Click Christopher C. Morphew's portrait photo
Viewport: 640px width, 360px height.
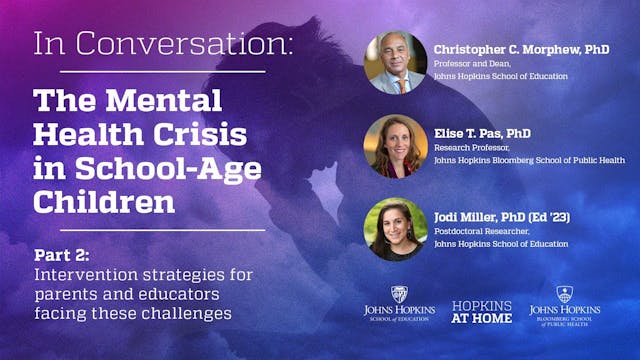395,62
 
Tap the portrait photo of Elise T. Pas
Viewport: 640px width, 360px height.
395,146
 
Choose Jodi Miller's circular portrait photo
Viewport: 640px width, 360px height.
395,229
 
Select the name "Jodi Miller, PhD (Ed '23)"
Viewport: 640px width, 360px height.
501,215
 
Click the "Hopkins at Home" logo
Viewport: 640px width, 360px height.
482,311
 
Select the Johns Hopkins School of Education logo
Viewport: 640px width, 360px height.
399,304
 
